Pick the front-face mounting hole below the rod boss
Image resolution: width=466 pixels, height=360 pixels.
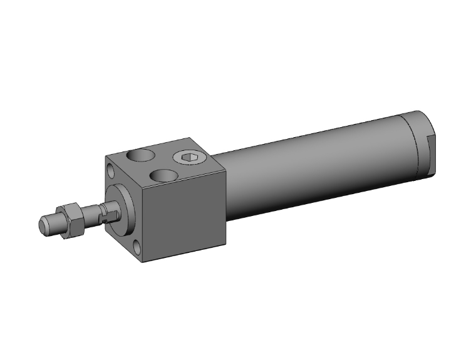pos(137,245)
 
